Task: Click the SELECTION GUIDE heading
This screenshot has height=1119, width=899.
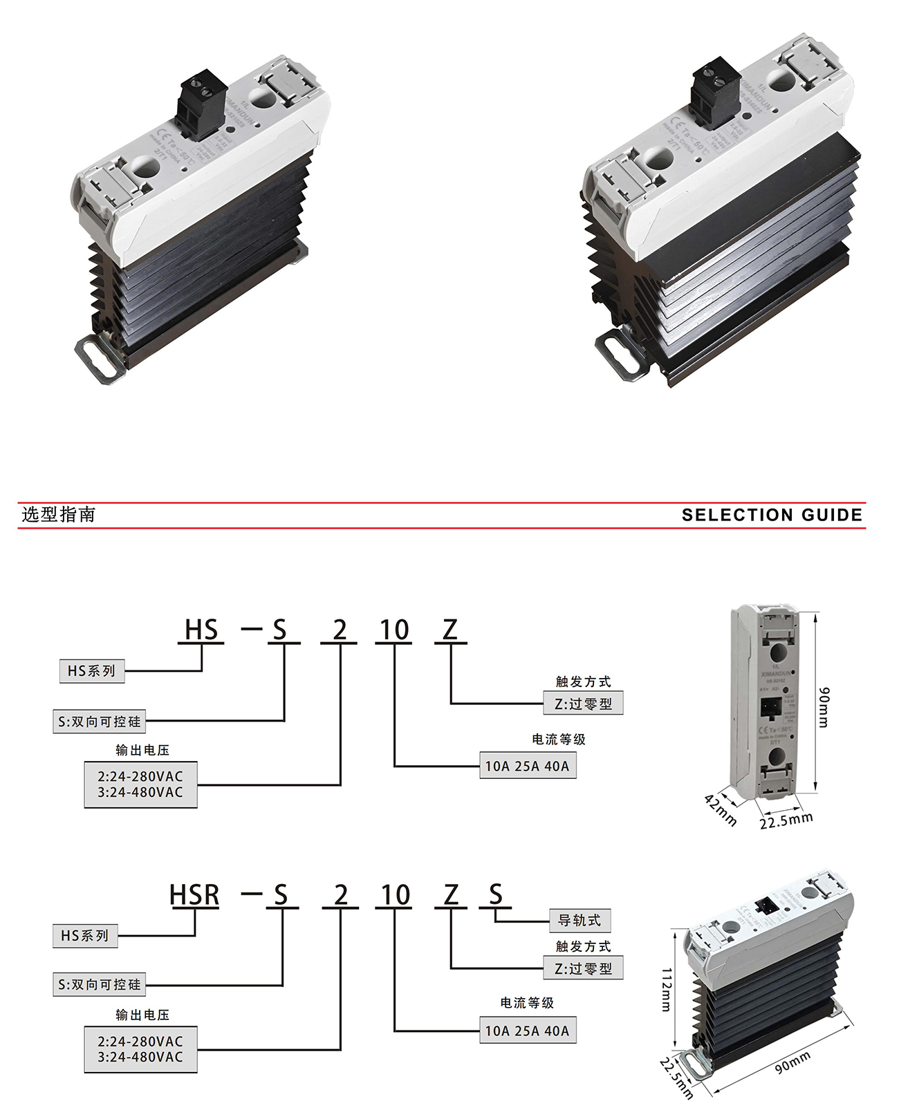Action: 772,515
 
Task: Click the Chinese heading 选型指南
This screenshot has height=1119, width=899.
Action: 58,514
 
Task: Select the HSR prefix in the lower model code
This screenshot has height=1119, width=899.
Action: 194,895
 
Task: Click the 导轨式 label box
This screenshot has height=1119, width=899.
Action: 580,921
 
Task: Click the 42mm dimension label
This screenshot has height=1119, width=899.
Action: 721,809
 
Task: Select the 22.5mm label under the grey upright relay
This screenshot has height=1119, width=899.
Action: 786,820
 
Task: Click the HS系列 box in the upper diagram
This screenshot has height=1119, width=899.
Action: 91,670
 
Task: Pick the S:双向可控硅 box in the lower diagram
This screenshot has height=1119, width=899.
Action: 99,984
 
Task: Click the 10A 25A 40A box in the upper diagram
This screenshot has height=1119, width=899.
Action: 527,766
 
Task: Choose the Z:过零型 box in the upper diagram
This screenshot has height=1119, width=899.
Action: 583,704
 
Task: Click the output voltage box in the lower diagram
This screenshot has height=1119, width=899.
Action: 140,1049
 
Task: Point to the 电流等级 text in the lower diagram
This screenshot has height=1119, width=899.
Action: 527,1002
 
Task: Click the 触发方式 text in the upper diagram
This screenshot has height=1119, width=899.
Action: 583,681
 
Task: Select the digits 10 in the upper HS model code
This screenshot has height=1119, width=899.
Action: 394,630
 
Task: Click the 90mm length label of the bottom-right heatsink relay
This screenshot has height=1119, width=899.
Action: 792,1063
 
